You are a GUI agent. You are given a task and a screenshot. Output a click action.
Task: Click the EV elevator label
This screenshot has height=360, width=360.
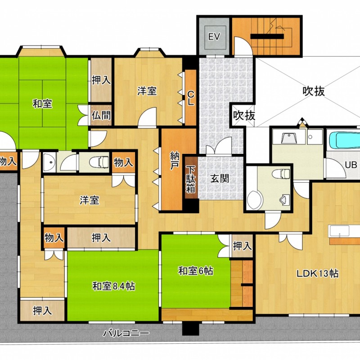pos(214,37)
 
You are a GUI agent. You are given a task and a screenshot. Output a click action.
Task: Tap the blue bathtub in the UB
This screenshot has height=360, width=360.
pos(345,139)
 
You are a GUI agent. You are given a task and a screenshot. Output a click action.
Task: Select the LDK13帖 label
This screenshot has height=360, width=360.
pos(318,274)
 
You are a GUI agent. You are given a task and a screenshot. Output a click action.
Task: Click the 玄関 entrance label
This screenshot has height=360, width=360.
pos(220,178)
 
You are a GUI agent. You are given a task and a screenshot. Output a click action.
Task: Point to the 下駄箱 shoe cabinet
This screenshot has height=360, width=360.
pos(190,178)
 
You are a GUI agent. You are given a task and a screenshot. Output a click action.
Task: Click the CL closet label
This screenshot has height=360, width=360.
pos(190,98)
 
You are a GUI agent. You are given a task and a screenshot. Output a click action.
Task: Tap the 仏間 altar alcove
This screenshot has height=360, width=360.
pos(101,115)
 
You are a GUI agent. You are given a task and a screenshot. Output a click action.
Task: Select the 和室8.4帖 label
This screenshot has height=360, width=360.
pos(113,286)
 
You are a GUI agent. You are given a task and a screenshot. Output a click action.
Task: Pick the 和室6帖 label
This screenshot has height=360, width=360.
pos(196,271)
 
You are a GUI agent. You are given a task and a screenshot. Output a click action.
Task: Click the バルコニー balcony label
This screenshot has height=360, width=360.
pos(126,333)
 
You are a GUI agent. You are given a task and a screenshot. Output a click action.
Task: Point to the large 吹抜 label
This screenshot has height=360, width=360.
pos(314,91)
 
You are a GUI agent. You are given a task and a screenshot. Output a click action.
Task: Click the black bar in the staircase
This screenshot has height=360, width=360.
pos(267,36)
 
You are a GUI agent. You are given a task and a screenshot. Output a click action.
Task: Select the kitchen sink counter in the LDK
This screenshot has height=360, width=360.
pos(339,230)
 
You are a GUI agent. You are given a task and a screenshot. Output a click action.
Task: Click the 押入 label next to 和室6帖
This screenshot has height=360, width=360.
pos(242,246)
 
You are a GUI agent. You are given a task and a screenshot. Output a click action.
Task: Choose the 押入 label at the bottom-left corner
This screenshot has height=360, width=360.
pos(42,310)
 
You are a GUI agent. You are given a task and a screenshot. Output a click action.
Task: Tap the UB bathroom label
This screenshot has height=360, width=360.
pos(351,165)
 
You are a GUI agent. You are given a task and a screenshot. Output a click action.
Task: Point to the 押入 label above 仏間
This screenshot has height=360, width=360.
pos(101,80)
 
